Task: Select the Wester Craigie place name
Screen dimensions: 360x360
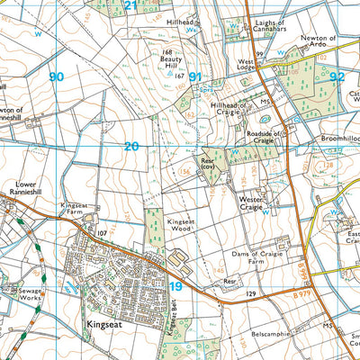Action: pos(256,203)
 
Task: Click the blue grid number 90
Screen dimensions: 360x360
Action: pos(57,77)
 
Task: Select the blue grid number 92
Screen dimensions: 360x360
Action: pos(337,77)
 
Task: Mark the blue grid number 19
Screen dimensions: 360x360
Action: pos(176,286)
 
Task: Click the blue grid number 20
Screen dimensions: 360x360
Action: pos(131,145)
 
